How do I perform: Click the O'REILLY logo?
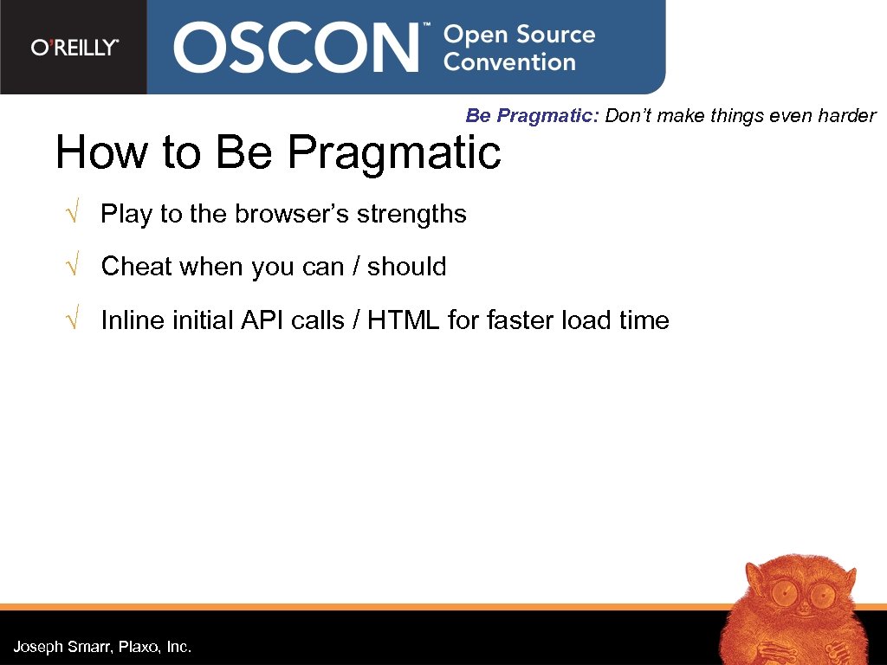pos(74,48)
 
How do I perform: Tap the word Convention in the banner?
pos(509,62)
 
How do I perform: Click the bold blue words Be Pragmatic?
pos(532,116)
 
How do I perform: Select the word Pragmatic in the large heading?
pos(394,154)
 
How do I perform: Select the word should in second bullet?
pos(406,267)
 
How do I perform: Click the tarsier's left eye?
pos(784,594)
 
